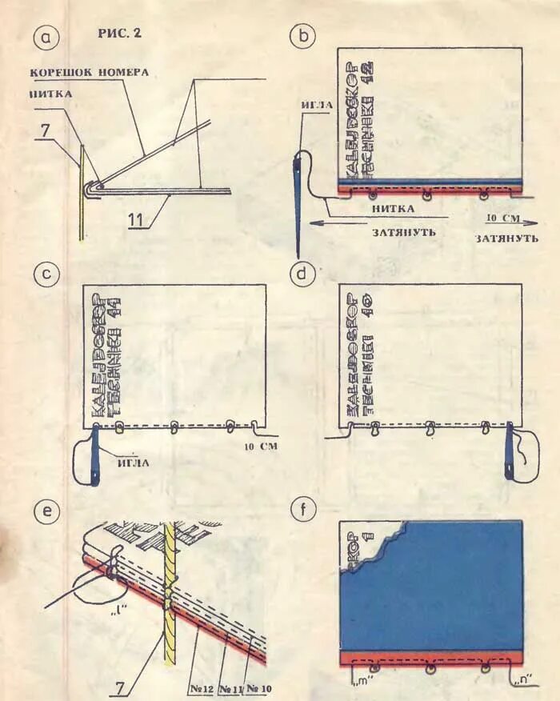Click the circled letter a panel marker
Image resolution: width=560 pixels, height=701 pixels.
(x=46, y=37)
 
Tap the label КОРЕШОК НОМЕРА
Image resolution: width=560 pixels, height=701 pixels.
(x=90, y=72)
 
